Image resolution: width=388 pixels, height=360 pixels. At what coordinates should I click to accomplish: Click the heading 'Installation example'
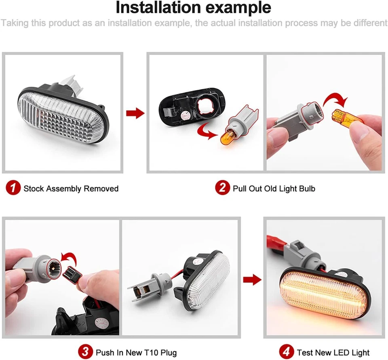click(194, 8)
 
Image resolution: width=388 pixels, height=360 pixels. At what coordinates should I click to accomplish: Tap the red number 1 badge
click(13, 188)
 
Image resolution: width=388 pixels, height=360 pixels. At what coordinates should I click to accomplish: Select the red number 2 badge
click(222, 188)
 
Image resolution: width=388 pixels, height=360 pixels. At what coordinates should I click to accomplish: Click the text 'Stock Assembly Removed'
click(71, 188)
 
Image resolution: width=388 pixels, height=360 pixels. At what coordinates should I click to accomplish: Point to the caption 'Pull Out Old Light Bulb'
click(274, 188)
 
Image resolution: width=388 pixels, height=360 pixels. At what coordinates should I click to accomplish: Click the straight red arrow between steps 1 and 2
click(135, 113)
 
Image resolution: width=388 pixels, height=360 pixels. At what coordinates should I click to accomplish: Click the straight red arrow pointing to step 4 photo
click(252, 279)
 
